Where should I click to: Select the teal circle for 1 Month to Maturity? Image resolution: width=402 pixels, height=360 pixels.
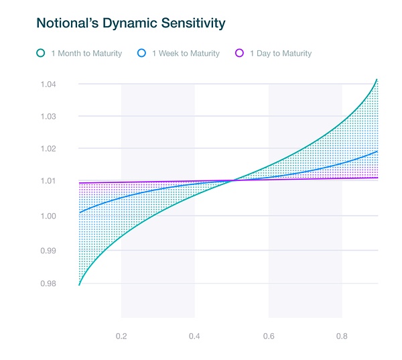[x=41, y=53]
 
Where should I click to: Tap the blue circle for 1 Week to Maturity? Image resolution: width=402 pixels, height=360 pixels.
[x=142, y=53]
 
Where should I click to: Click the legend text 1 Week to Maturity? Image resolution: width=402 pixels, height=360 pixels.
[x=186, y=53]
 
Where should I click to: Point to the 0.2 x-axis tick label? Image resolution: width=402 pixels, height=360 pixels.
[x=121, y=335]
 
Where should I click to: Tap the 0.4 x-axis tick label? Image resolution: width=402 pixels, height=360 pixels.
[x=195, y=335]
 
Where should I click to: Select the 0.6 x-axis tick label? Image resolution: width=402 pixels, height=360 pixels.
[x=269, y=335]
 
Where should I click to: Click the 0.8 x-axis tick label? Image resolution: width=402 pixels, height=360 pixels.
[x=342, y=335]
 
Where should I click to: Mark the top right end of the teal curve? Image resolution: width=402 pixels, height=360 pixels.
[x=377, y=79]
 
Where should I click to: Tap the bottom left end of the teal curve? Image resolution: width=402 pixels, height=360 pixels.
[x=79, y=285]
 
